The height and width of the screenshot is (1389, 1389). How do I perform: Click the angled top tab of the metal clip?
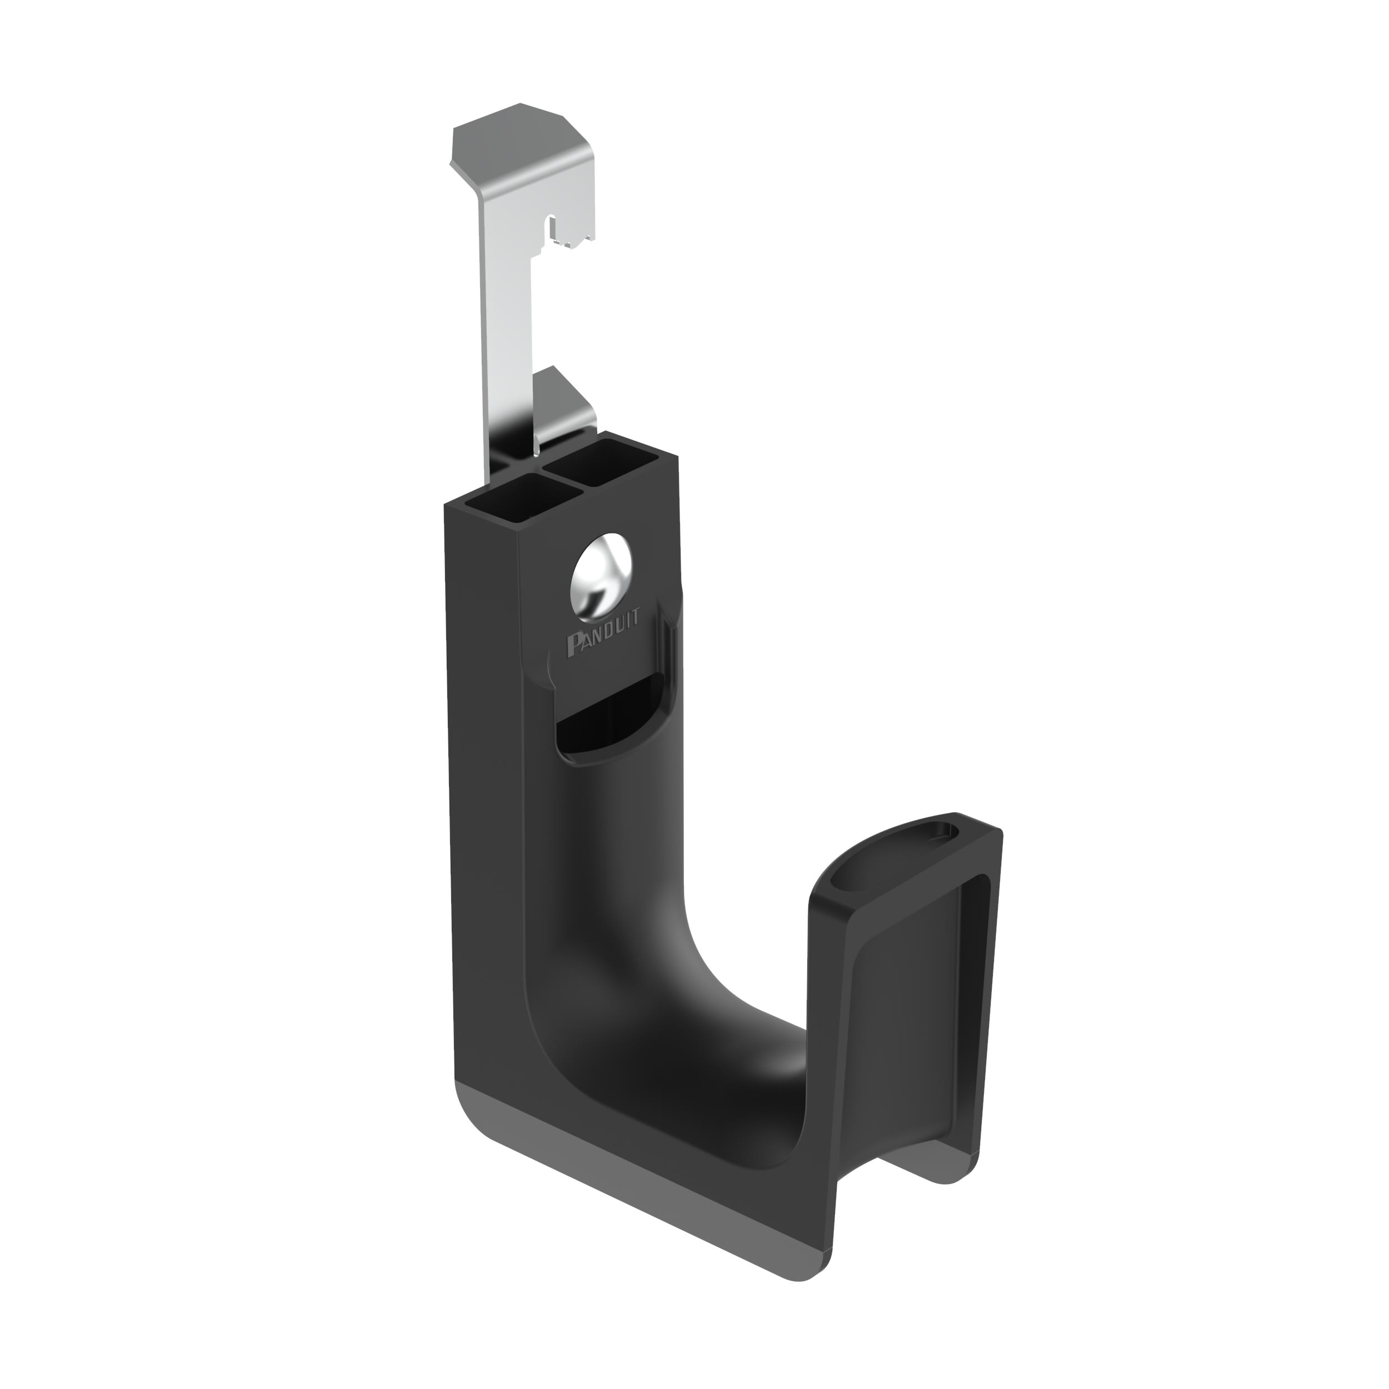pos(523,147)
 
